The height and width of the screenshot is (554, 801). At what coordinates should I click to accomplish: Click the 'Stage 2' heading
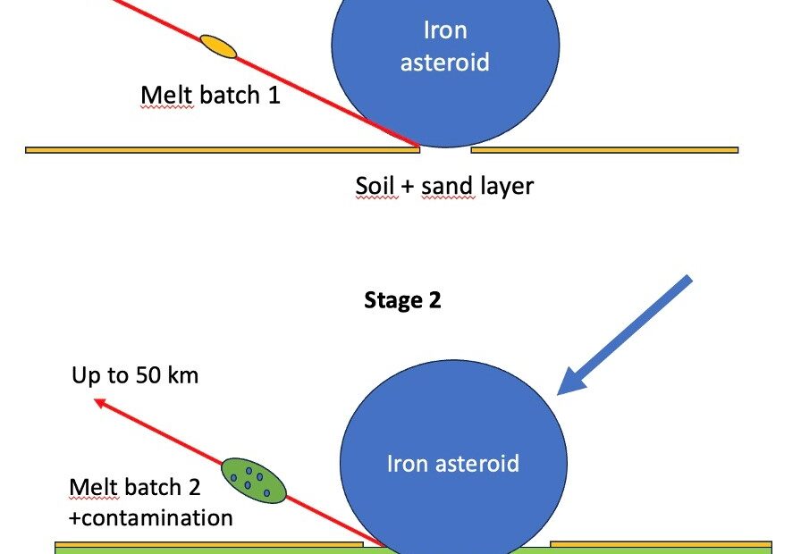402,300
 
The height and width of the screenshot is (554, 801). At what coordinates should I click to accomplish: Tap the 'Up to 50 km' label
135,374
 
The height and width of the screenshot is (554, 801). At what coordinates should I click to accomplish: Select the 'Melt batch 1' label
210,95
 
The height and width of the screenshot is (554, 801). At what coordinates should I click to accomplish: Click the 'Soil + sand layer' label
444,186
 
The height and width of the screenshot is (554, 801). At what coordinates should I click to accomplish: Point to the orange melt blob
218,46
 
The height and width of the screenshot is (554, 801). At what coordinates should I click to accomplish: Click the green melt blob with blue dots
253,481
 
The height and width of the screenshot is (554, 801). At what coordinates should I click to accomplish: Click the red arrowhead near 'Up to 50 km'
102,405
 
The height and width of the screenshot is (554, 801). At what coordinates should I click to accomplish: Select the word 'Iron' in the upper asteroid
445,30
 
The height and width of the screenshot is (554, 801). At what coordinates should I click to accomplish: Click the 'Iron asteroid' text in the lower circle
452,464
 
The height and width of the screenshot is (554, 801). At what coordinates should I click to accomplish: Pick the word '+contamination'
151,517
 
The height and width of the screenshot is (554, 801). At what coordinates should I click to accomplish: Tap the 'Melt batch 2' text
135,488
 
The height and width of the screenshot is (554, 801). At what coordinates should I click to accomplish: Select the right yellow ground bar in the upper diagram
604,150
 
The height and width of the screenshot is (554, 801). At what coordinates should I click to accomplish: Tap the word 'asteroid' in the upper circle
445,62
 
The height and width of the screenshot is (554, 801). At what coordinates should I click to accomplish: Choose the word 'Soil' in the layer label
375,186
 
